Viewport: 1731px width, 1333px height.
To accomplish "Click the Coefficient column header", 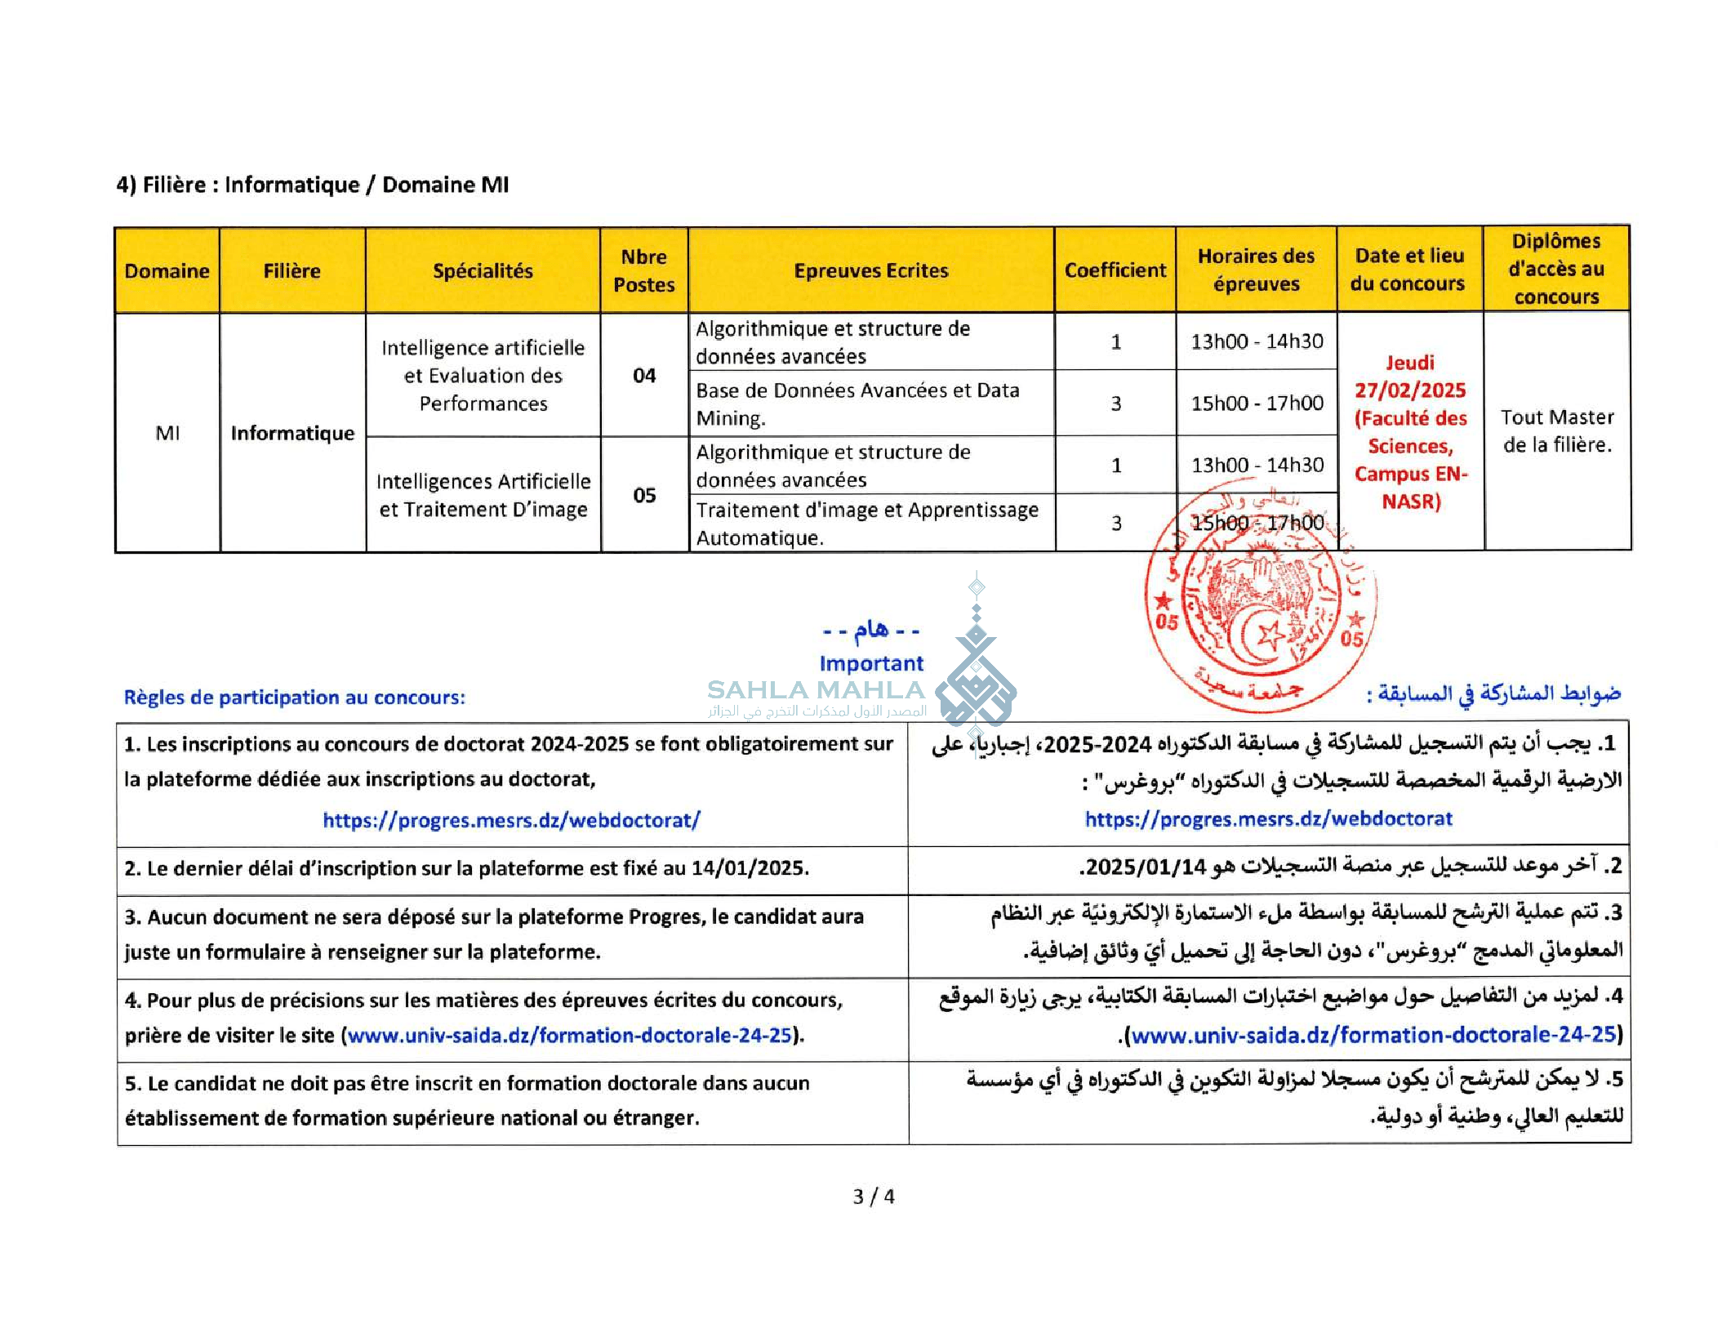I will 1115,270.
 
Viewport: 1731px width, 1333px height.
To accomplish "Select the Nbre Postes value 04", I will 643,376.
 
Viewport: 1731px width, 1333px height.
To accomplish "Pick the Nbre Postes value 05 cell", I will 643,496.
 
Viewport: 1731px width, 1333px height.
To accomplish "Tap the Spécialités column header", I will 483,271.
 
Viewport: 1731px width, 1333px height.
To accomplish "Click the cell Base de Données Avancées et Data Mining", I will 857,404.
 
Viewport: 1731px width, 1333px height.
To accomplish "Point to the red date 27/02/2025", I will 1410,390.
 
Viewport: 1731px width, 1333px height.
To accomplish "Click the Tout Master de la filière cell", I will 1556,431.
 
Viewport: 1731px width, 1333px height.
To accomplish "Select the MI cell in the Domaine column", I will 167,434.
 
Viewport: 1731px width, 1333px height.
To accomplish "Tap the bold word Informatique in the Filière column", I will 292,434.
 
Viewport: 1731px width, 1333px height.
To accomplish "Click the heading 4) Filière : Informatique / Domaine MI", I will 312,185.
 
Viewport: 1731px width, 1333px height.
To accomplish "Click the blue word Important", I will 871,663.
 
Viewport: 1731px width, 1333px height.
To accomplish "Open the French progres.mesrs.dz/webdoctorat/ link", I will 511,820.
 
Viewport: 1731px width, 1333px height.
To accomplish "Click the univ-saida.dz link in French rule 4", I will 570,1036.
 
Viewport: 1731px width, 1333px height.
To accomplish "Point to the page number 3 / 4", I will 873,1197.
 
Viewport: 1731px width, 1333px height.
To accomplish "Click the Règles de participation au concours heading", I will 294,698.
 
